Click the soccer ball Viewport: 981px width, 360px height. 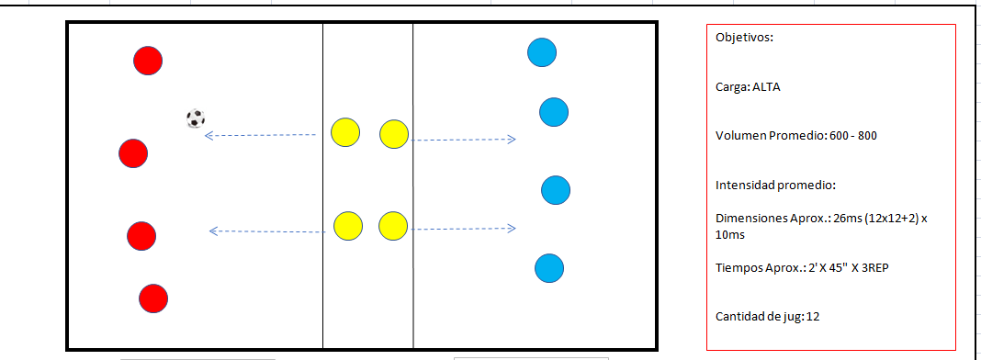click(195, 118)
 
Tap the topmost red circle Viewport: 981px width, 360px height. click(148, 61)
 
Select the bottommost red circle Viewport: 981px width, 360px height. click(153, 298)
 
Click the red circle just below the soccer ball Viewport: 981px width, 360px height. click(133, 152)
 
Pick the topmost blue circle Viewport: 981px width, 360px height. click(542, 51)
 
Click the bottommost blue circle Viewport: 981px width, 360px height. click(549, 268)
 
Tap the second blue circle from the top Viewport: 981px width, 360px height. click(553, 112)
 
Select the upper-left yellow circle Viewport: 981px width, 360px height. click(345, 133)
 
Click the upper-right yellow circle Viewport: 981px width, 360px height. click(393, 134)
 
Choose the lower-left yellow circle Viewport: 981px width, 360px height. click(347, 225)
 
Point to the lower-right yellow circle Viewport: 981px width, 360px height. click(392, 226)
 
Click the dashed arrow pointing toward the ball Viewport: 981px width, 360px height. click(260, 136)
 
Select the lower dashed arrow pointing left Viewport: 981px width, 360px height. click(267, 231)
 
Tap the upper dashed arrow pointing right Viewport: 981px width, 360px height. click(462, 140)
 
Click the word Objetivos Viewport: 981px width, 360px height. click(744, 39)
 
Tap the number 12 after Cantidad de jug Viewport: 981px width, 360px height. click(814, 317)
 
